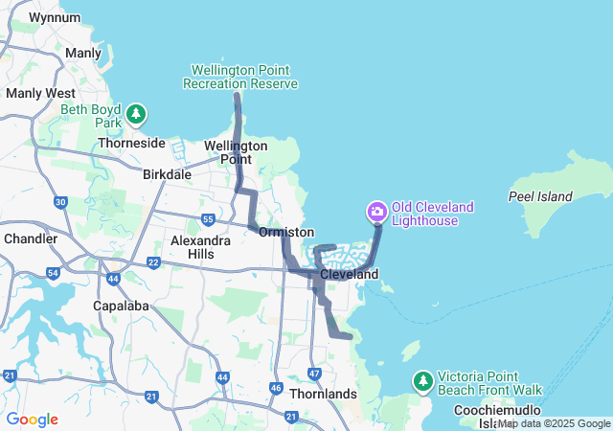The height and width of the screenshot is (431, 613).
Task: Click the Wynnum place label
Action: (55, 17)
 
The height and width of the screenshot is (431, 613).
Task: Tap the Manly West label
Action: (40, 94)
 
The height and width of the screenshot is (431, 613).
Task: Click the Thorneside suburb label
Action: (132, 144)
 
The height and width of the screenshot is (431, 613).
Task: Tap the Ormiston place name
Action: (286, 233)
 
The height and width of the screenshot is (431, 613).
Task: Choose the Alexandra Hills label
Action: (200, 247)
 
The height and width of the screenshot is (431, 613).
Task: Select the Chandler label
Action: (32, 238)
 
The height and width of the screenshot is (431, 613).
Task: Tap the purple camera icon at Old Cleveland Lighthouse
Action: (377, 211)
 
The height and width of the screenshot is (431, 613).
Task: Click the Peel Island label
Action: (541, 197)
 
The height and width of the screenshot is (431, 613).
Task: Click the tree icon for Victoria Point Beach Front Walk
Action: (423, 382)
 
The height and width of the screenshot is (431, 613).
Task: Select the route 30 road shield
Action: (60, 202)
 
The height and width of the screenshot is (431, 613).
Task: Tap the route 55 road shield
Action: (208, 220)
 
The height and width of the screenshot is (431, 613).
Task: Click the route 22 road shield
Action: (153, 262)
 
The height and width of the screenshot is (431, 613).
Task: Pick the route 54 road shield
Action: (54, 274)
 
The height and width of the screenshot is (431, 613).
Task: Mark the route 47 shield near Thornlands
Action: (315, 372)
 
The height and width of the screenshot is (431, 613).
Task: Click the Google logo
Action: (32, 420)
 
